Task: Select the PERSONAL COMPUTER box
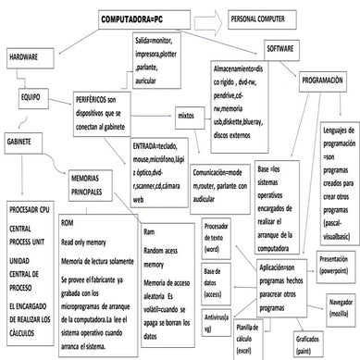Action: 256,18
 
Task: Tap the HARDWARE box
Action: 27,56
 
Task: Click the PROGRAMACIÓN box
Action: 324,82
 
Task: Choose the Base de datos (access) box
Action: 215,275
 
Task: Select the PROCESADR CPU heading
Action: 31,210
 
